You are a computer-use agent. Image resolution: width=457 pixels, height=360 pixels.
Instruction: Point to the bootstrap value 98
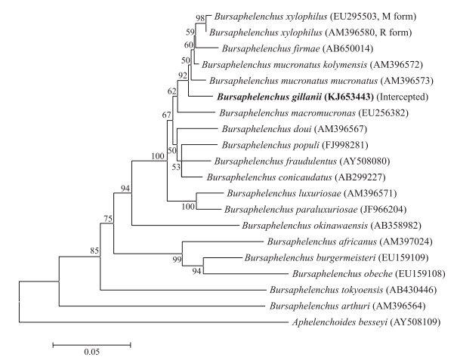pos(200,17)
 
